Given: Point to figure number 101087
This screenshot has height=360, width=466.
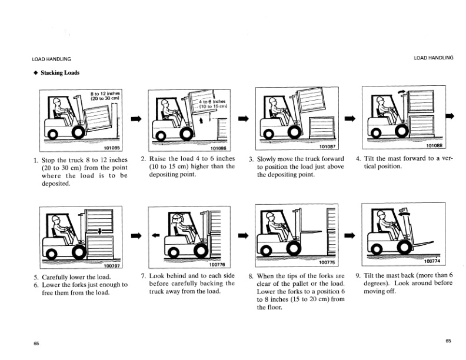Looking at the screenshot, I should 325,145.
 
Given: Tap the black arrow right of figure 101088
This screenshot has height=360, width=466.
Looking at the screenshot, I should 452,116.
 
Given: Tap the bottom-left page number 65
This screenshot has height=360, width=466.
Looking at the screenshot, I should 36,343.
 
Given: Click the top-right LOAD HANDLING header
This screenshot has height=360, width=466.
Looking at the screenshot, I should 434,58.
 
